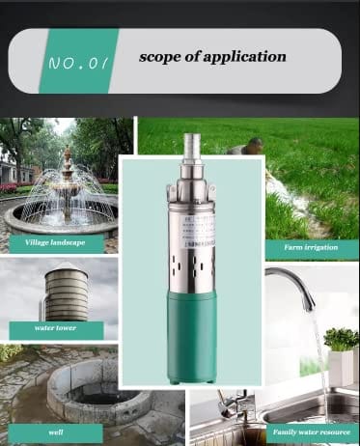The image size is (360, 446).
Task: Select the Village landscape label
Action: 55,242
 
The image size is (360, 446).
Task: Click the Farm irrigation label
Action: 311,247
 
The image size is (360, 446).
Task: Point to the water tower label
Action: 56,329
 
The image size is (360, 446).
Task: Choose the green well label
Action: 56,432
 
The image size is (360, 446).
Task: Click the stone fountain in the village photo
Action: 67,188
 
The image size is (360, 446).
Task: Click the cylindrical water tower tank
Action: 67,294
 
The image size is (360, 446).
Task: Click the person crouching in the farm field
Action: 254,147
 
